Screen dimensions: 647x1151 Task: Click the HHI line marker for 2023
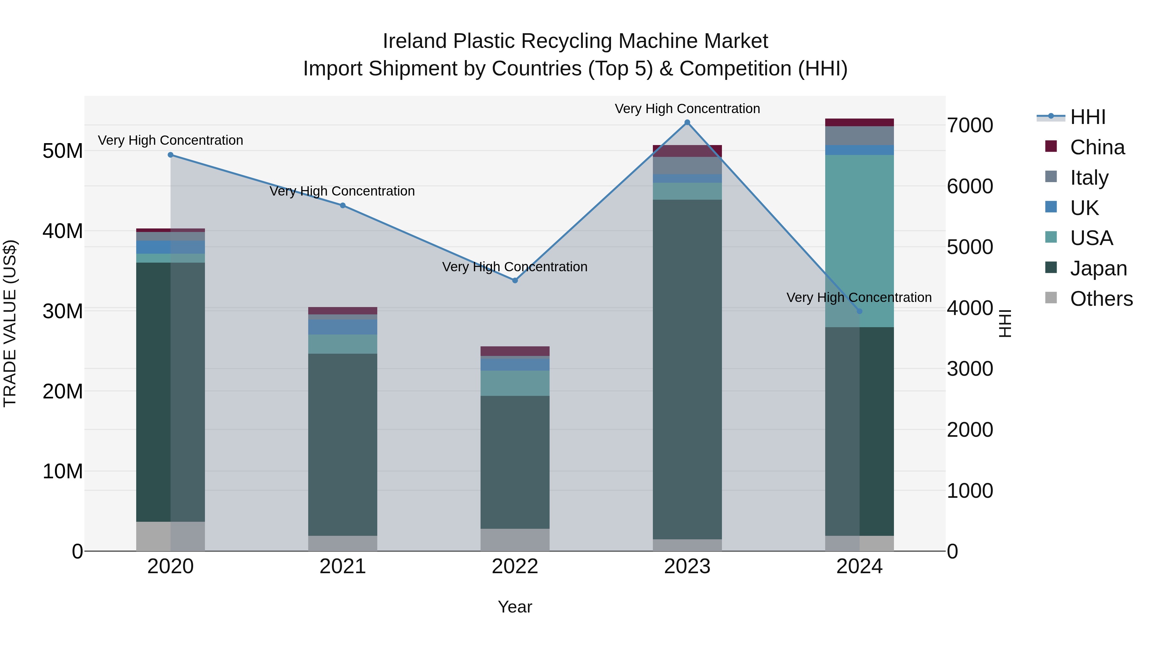point(687,122)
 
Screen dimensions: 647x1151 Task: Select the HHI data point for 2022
point(515,281)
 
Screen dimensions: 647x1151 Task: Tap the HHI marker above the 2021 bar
point(343,205)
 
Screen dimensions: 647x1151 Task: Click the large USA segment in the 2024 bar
point(859,241)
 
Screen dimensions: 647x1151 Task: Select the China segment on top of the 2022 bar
point(515,351)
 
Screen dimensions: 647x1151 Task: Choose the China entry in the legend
point(1097,147)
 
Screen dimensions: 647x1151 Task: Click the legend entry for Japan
point(1098,268)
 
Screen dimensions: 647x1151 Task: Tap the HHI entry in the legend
point(1088,117)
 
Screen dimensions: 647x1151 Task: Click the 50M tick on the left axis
point(63,151)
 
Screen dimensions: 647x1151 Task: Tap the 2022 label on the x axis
point(515,566)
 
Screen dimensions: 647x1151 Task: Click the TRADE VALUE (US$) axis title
point(10,323)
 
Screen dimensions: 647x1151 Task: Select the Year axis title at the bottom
point(515,607)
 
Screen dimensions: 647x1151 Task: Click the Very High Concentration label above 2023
point(687,109)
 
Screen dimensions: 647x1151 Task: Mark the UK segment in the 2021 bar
point(343,327)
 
